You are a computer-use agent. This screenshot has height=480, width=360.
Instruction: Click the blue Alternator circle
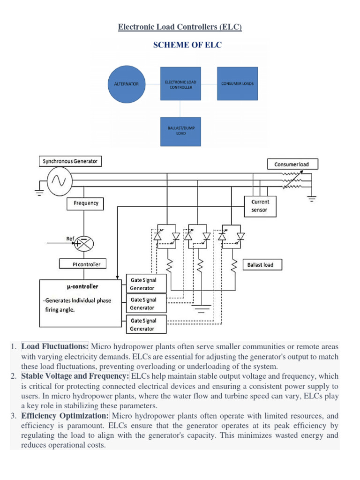click(x=127, y=83)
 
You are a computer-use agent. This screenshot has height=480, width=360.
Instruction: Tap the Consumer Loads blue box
click(x=237, y=83)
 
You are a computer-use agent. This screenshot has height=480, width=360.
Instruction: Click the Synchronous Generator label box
click(x=70, y=161)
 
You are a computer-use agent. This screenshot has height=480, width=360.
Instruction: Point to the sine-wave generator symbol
click(x=59, y=180)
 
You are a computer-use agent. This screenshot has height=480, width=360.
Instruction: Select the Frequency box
click(x=86, y=203)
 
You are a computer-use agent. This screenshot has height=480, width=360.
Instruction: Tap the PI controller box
click(x=87, y=264)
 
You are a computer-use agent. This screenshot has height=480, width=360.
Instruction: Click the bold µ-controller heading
click(x=82, y=286)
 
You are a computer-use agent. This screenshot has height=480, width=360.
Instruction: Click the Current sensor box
click(x=260, y=206)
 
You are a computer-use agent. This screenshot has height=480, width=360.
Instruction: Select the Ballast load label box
click(x=260, y=265)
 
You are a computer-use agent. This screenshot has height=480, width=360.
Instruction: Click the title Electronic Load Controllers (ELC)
click(x=180, y=28)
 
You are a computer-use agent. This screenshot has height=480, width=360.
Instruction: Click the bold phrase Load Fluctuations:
click(x=55, y=346)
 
